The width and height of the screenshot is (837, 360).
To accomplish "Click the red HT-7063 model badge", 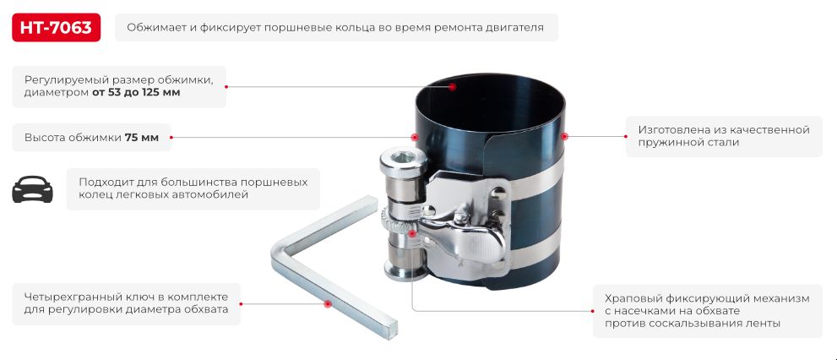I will (x=57, y=28).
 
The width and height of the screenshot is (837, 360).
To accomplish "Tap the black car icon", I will (x=32, y=190).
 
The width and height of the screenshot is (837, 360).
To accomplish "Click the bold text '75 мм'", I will (x=142, y=137).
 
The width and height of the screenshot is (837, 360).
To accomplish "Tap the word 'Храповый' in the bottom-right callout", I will (x=631, y=298).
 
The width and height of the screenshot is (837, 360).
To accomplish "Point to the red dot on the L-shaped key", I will (x=327, y=303).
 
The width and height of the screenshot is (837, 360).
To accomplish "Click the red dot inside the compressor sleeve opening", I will (x=453, y=86).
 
